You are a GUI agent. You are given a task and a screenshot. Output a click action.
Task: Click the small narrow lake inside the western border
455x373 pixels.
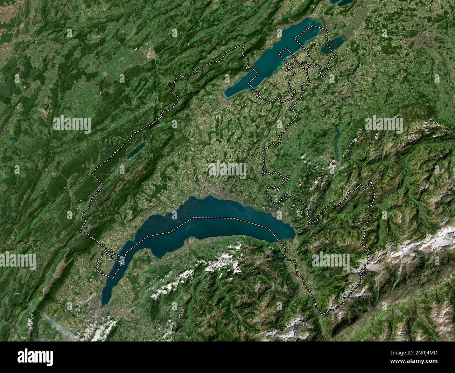pyautogui.click(x=136, y=150)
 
